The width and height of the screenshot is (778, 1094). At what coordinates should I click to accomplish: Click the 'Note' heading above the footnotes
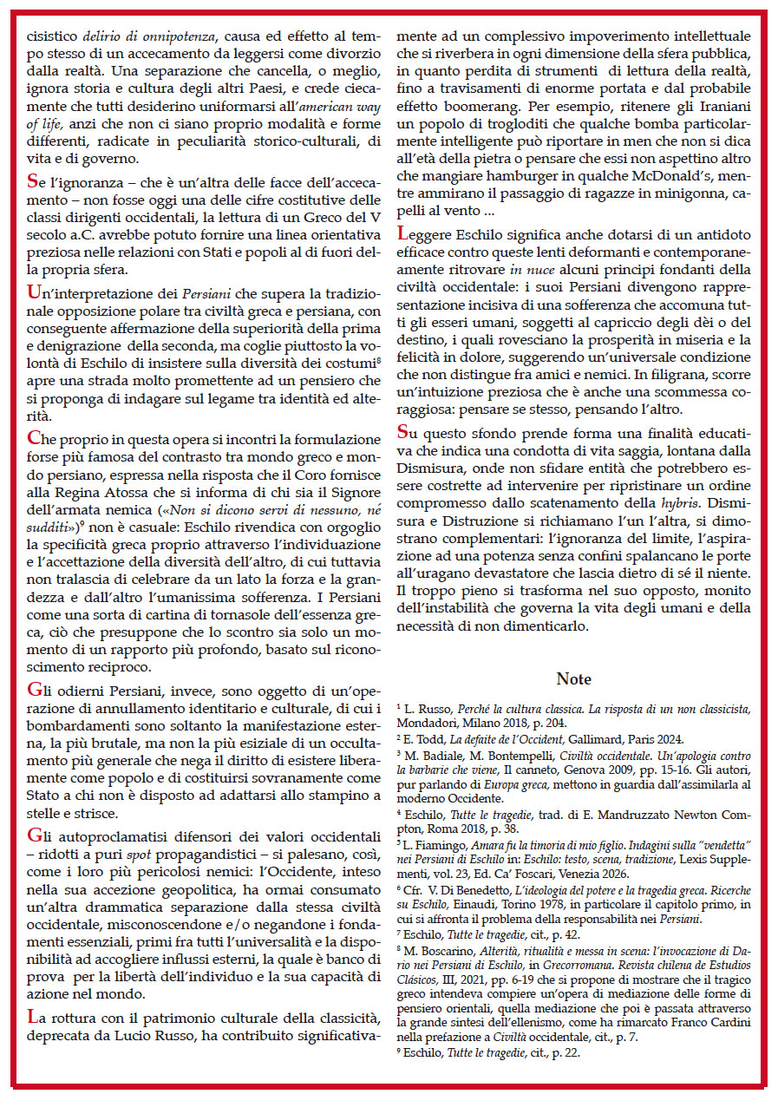(x=573, y=679)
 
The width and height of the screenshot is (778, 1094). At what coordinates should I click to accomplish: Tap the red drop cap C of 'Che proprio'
(x=34, y=437)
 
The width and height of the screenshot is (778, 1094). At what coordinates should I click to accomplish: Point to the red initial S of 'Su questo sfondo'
(x=402, y=432)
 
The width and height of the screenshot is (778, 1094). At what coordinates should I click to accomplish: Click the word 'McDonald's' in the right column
(x=664, y=160)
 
